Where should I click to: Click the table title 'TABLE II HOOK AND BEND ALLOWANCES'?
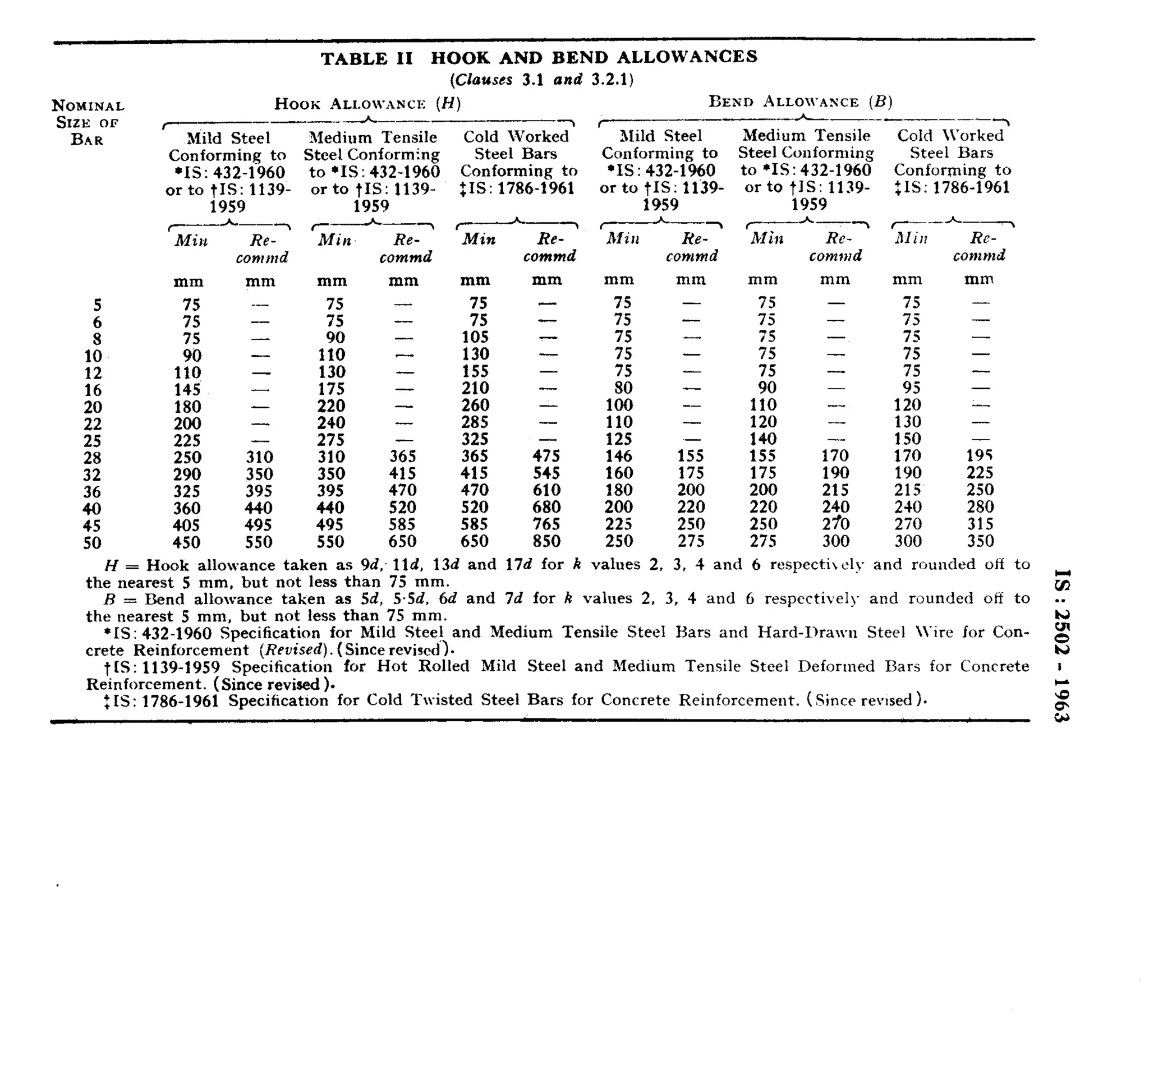[x=539, y=58]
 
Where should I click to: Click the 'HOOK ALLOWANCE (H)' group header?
[x=367, y=104]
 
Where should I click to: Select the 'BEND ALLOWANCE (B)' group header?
[x=801, y=102]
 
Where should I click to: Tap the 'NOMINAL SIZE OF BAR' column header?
[x=88, y=122]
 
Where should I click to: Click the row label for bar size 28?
[x=93, y=458]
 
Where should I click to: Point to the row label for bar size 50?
[x=93, y=543]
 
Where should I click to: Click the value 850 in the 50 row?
[x=546, y=541]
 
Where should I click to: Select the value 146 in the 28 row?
[x=618, y=457]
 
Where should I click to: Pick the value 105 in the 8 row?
[x=475, y=338]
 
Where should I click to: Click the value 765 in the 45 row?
[x=546, y=524]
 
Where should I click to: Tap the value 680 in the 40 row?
[x=546, y=507]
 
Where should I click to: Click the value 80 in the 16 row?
[x=623, y=388]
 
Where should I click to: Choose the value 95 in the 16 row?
[x=912, y=388]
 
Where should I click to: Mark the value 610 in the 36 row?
[x=546, y=491]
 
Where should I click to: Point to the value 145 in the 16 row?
[x=187, y=390]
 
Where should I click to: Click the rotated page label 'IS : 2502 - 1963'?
[x=1062, y=646]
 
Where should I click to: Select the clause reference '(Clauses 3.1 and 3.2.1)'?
[x=541, y=80]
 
